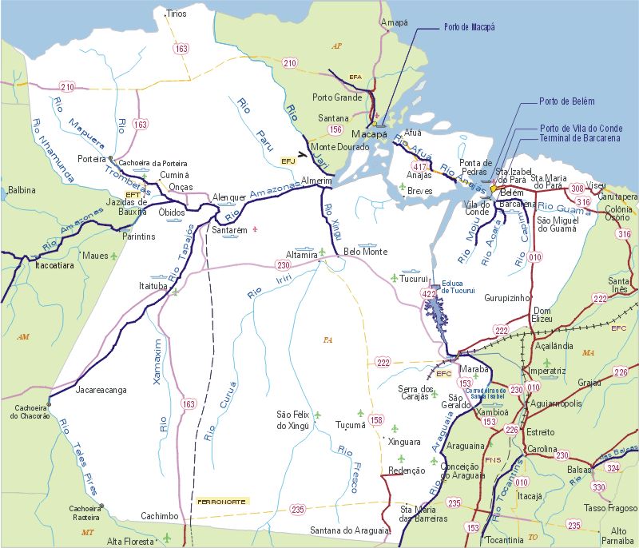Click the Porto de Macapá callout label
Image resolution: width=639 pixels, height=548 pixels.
[469, 27]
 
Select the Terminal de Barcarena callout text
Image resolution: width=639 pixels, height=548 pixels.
[580, 138]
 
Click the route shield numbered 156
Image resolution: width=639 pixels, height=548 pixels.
[336, 129]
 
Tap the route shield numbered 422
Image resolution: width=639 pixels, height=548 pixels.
[429, 295]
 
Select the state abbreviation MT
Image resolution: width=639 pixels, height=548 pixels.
[88, 531]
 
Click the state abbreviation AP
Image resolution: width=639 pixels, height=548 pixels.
[336, 46]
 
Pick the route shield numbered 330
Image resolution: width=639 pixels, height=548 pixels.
[598, 486]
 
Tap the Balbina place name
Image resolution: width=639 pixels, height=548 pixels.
[22, 190]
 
